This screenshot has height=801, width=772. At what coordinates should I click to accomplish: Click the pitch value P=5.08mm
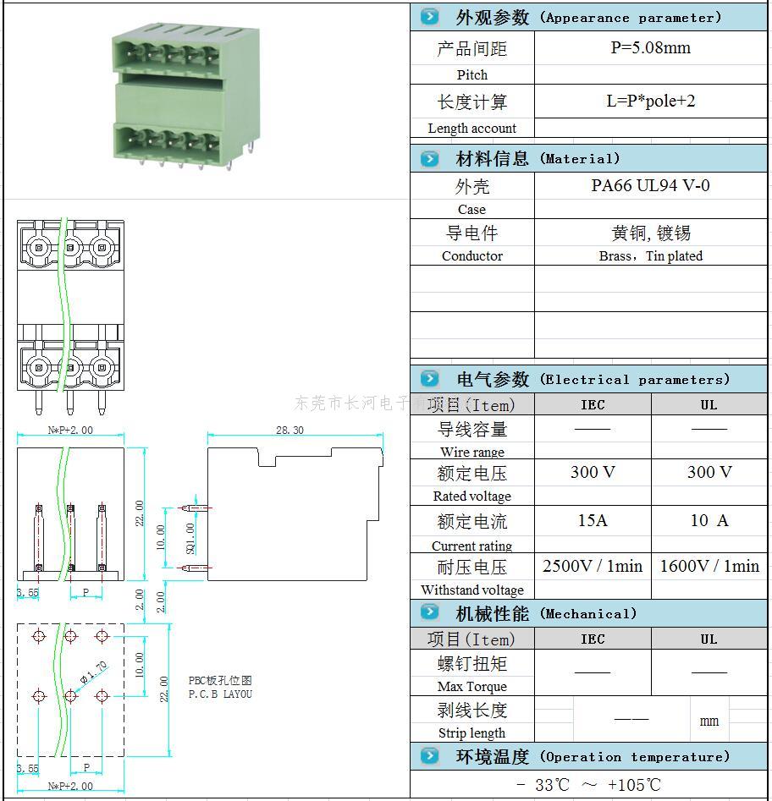click(650, 48)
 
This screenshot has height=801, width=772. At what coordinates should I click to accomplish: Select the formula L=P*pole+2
click(650, 101)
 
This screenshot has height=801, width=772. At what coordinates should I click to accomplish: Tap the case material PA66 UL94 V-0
click(650, 185)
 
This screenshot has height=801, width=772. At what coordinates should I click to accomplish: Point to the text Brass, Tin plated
click(650, 256)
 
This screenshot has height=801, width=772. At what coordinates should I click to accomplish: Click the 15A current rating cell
click(593, 520)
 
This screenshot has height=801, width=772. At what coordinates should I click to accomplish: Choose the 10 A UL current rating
click(709, 520)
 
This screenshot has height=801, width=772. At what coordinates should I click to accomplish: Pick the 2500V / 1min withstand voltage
click(593, 566)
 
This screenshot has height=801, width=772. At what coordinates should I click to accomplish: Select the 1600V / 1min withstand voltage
click(709, 566)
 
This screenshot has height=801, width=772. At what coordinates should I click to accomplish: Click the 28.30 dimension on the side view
click(289, 431)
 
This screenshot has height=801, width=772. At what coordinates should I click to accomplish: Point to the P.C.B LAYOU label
click(220, 694)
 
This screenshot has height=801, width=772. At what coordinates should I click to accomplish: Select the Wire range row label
click(471, 452)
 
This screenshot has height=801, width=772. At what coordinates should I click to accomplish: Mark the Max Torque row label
click(471, 687)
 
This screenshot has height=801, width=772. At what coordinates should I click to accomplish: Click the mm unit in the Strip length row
click(709, 721)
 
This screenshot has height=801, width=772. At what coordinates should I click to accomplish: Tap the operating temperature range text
click(588, 785)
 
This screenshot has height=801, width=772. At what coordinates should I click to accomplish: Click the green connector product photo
click(172, 95)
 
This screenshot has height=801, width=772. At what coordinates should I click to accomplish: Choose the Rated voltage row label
click(471, 497)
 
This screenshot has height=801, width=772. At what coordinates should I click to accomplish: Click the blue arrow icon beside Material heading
click(430, 158)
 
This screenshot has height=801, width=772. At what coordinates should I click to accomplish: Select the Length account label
click(471, 129)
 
